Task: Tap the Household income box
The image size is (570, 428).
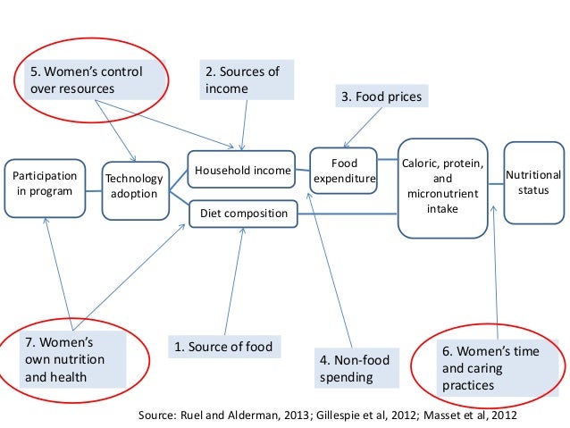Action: tap(242, 170)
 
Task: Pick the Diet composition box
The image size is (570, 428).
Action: tap(242, 214)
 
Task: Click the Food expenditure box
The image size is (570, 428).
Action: tap(344, 171)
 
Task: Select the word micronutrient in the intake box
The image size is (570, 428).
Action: tap(442, 193)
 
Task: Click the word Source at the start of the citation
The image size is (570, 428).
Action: tap(160, 415)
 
